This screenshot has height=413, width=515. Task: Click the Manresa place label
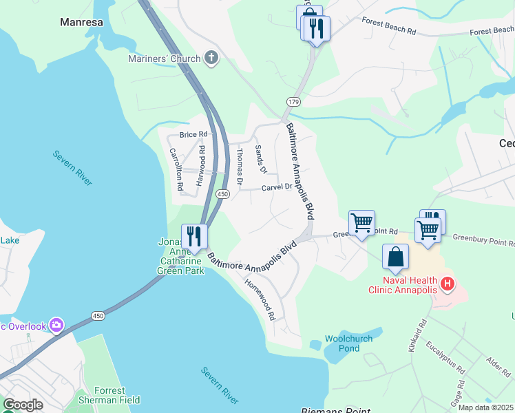click(x=81, y=22)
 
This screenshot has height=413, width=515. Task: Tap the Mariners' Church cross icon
click(x=211, y=59)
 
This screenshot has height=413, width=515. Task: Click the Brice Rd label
click(x=193, y=134)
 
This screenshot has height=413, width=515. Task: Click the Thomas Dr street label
click(x=240, y=167)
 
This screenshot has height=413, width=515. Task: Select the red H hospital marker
click(x=448, y=283)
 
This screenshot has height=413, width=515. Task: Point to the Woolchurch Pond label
click(x=348, y=343)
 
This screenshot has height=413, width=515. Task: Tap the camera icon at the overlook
click(x=56, y=324)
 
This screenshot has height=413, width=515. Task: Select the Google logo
click(x=23, y=405)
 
